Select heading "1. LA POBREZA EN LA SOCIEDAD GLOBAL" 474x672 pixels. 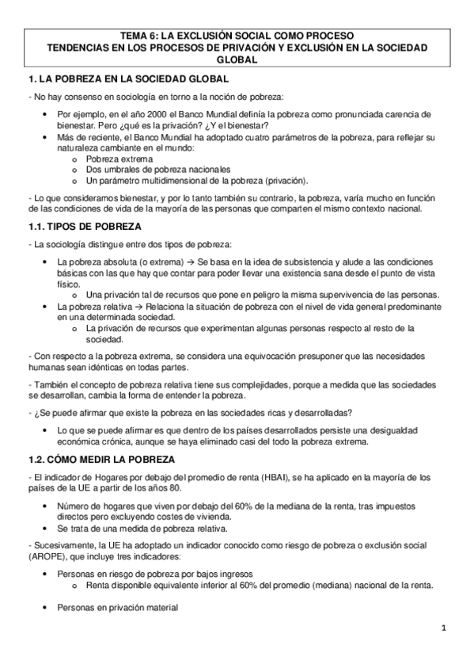127,80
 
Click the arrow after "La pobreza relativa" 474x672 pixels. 138,305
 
